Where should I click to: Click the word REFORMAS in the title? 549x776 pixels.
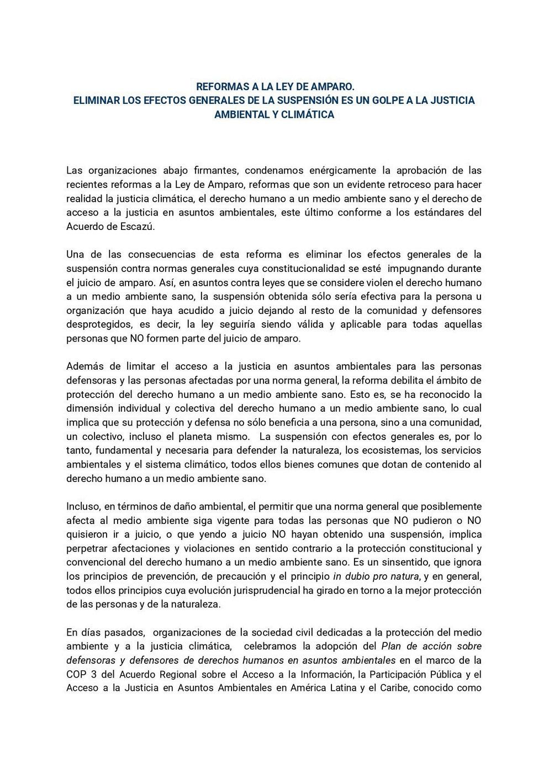pos(220,87)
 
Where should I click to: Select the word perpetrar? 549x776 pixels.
pos(87,548)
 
